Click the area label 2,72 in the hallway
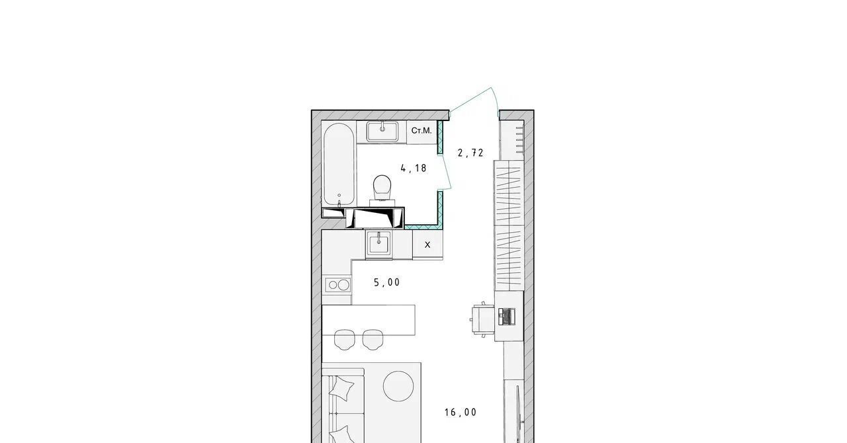click(470, 153)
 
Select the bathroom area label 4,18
click(414, 168)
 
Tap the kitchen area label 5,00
click(387, 282)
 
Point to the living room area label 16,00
click(461, 412)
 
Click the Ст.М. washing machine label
click(422, 131)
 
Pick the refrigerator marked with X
click(427, 245)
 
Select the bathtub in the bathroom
click(339, 165)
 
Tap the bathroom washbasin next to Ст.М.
click(382, 131)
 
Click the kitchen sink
click(379, 245)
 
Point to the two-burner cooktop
click(338, 285)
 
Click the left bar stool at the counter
click(345, 339)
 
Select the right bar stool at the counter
click(373, 339)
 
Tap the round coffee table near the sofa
click(398, 386)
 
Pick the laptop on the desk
click(507, 316)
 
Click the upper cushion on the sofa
click(342, 387)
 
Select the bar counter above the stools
click(369, 320)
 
